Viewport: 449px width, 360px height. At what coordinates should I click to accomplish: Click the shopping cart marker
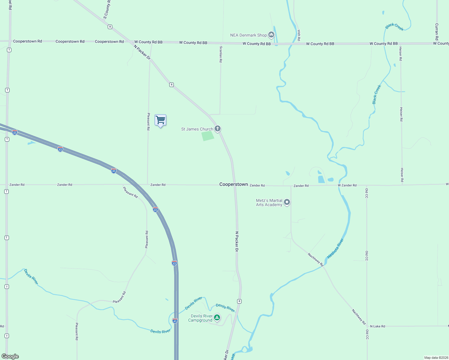tap(161, 120)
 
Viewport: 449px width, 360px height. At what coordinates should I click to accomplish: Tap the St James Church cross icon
tap(218, 129)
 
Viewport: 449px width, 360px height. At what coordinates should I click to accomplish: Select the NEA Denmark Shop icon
tap(271, 35)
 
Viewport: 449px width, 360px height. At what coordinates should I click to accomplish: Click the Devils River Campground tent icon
tap(217, 317)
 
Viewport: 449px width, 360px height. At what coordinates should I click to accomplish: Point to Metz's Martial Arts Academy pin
tap(287, 202)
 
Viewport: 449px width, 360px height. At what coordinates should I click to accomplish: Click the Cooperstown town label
tap(234, 184)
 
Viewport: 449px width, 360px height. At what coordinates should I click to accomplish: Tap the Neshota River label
tap(335, 248)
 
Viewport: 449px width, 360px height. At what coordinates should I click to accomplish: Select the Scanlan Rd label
tap(221, 54)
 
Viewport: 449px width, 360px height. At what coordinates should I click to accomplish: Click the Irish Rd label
tap(299, 35)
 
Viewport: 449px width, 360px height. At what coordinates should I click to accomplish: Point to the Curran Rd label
tap(437, 31)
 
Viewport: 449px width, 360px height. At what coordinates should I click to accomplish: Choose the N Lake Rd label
tap(378, 326)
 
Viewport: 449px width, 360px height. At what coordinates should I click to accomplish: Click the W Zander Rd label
tap(347, 185)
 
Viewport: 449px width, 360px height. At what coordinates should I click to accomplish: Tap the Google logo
tap(10, 356)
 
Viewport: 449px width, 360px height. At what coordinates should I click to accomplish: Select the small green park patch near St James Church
tap(208, 136)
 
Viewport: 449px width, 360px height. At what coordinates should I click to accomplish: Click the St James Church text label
tap(197, 129)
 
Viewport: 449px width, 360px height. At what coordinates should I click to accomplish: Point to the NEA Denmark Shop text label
tap(248, 35)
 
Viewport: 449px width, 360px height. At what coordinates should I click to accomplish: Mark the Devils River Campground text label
tap(201, 318)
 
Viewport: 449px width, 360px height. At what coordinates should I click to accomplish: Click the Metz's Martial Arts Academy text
tap(269, 202)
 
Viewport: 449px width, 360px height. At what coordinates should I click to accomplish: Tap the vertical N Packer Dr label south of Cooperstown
tap(237, 241)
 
